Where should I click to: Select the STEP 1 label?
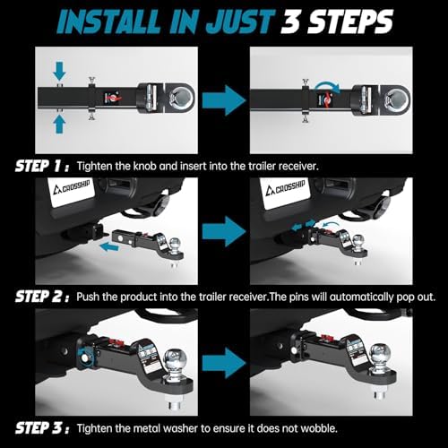point(42,166)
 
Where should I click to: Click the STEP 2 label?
point(42,297)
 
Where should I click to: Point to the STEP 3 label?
point(42,428)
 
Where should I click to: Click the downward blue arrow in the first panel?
point(59,71)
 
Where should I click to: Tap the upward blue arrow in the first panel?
point(59,125)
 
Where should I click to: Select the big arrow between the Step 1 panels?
point(224,100)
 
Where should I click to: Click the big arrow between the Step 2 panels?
point(224,231)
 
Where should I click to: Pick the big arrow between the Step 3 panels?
point(224,363)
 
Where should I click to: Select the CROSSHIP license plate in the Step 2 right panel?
point(285,192)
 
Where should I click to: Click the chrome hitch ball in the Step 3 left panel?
point(176,359)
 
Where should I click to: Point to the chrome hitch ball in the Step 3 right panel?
point(380,354)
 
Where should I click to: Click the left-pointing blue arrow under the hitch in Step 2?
point(108,247)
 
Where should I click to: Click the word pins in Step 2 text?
point(298,297)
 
